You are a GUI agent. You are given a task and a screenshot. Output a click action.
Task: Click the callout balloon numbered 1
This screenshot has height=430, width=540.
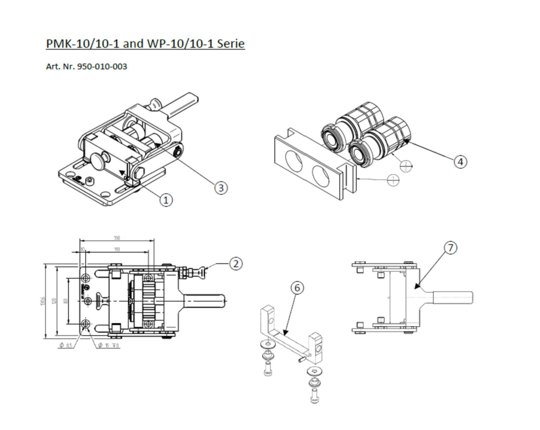pyautogui.click(x=166, y=200)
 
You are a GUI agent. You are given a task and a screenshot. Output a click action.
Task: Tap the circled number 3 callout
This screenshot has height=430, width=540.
pyautogui.click(x=221, y=188)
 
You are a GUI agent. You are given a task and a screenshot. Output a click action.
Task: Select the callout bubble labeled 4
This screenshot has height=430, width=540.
pyautogui.click(x=460, y=162)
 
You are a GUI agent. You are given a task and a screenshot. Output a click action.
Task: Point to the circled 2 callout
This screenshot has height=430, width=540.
pyautogui.click(x=236, y=264)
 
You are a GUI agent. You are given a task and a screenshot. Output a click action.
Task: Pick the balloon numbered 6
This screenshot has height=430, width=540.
pyautogui.click(x=297, y=288)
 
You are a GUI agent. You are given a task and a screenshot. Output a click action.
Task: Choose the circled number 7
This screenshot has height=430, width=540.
pyautogui.click(x=450, y=248)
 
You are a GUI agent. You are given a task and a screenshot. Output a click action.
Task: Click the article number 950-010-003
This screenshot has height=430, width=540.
pyautogui.click(x=102, y=67)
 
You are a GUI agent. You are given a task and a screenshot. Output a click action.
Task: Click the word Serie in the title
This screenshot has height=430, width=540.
pyautogui.click(x=231, y=44)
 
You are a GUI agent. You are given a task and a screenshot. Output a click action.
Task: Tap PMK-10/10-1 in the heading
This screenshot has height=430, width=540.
pyautogui.click(x=82, y=44)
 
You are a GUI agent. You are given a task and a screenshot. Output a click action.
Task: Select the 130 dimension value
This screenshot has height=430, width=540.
pyautogui.click(x=117, y=238)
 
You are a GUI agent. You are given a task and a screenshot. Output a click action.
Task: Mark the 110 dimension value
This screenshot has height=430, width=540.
pyautogui.click(x=117, y=250)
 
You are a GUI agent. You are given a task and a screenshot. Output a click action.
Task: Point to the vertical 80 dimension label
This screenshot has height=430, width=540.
pyautogui.click(x=65, y=301)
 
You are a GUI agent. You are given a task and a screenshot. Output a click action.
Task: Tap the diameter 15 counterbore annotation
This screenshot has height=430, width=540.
pyautogui.click(x=108, y=345)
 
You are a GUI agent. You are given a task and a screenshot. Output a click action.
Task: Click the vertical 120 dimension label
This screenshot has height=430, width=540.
pyautogui.click(x=54, y=301)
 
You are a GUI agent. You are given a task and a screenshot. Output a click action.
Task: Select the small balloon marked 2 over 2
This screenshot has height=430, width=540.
pyautogui.click(x=406, y=166)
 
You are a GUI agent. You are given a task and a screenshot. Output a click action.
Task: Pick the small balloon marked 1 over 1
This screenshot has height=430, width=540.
pyautogui.click(x=393, y=180)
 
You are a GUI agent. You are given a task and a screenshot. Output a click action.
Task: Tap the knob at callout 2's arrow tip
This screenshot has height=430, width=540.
pyautogui.click(x=203, y=272)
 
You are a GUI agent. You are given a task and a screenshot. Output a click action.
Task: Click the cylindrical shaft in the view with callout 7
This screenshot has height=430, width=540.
pyautogui.click(x=452, y=297)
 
